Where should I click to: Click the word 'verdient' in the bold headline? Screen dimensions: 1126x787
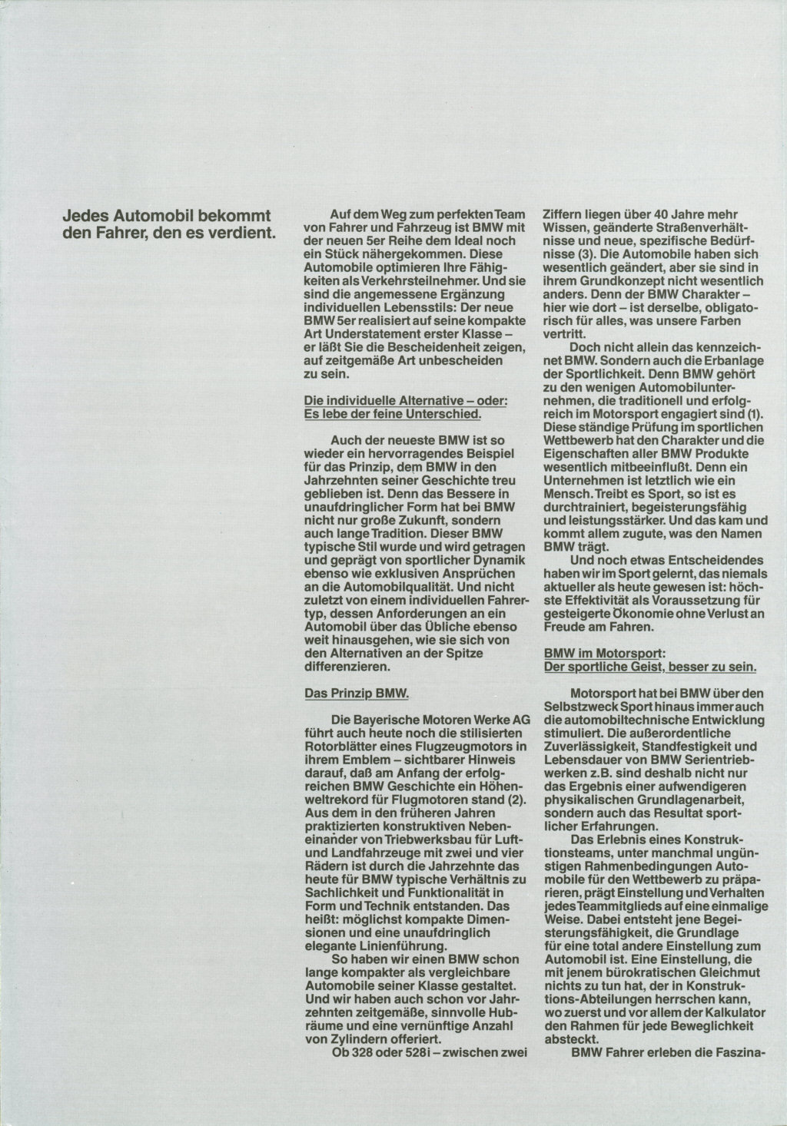[244, 229]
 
